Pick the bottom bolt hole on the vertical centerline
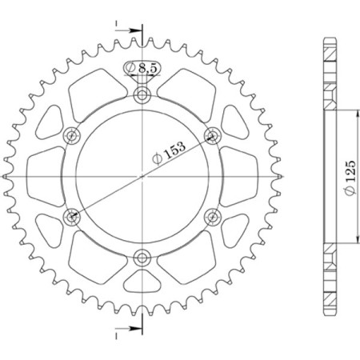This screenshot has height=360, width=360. coord(143,257)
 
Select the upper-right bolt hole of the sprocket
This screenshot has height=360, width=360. coord(213,135)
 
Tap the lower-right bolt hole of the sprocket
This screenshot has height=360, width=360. coord(213,216)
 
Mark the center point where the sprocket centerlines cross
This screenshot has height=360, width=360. coord(143,176)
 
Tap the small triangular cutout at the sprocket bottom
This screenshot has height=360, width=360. coord(143,281)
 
